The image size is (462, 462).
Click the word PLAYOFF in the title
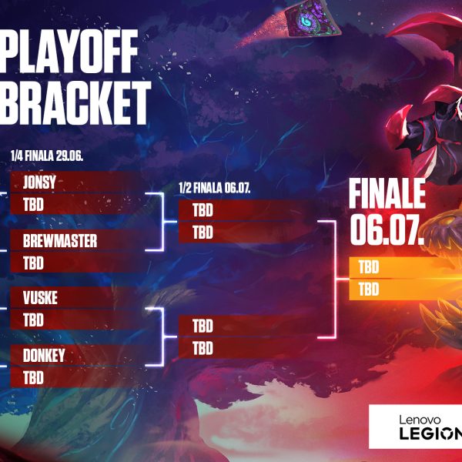pos(69,51)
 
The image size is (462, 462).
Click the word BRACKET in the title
pos(75,102)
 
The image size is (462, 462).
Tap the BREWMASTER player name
pos(60,241)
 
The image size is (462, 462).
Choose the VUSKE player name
pos(40,298)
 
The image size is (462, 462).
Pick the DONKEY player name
pos(44,355)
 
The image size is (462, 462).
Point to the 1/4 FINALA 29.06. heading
pos(47,156)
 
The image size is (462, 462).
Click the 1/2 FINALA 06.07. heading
pos(215,188)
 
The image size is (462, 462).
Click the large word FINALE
pos(387,193)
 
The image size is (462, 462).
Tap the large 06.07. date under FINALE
pos(387,230)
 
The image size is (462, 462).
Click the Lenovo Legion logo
pos(416,427)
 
